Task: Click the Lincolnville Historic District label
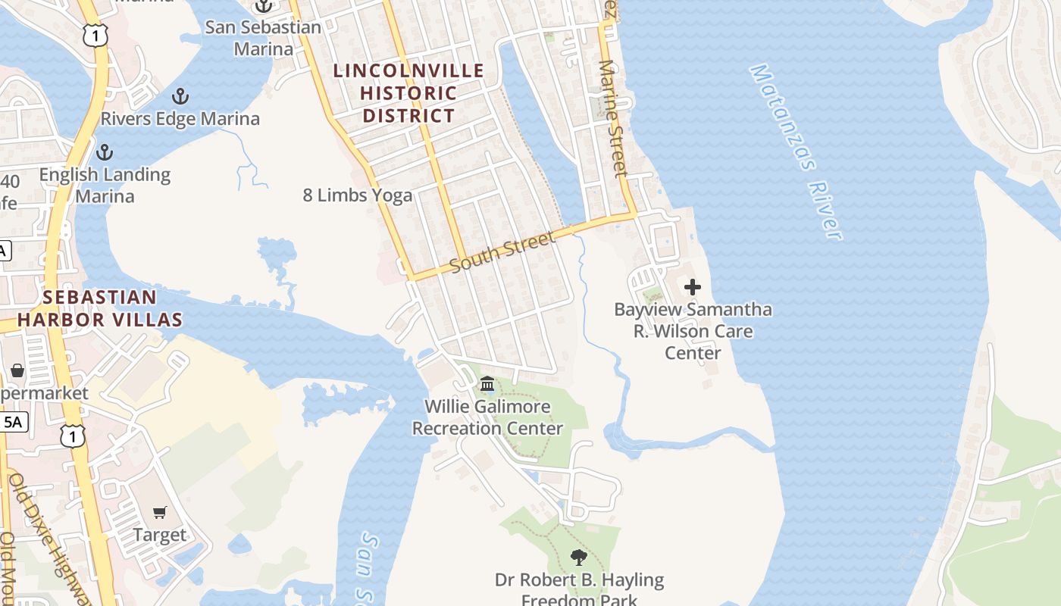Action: point(408,93)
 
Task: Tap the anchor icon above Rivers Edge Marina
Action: point(180,96)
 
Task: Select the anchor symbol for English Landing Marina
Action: point(104,151)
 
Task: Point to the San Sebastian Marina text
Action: point(263,38)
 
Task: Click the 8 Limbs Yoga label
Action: point(358,195)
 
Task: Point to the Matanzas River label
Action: point(797,151)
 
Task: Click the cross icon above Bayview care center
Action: point(692,287)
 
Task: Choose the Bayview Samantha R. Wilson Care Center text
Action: point(693,331)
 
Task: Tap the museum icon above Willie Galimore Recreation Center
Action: point(487,384)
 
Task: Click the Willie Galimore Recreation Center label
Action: point(487,417)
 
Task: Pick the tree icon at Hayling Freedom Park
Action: point(579,558)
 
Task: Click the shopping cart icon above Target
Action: point(160,513)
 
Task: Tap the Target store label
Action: point(160,535)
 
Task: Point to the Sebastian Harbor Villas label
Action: point(100,308)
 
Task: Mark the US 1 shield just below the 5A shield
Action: point(73,435)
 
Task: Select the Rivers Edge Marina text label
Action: point(180,119)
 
